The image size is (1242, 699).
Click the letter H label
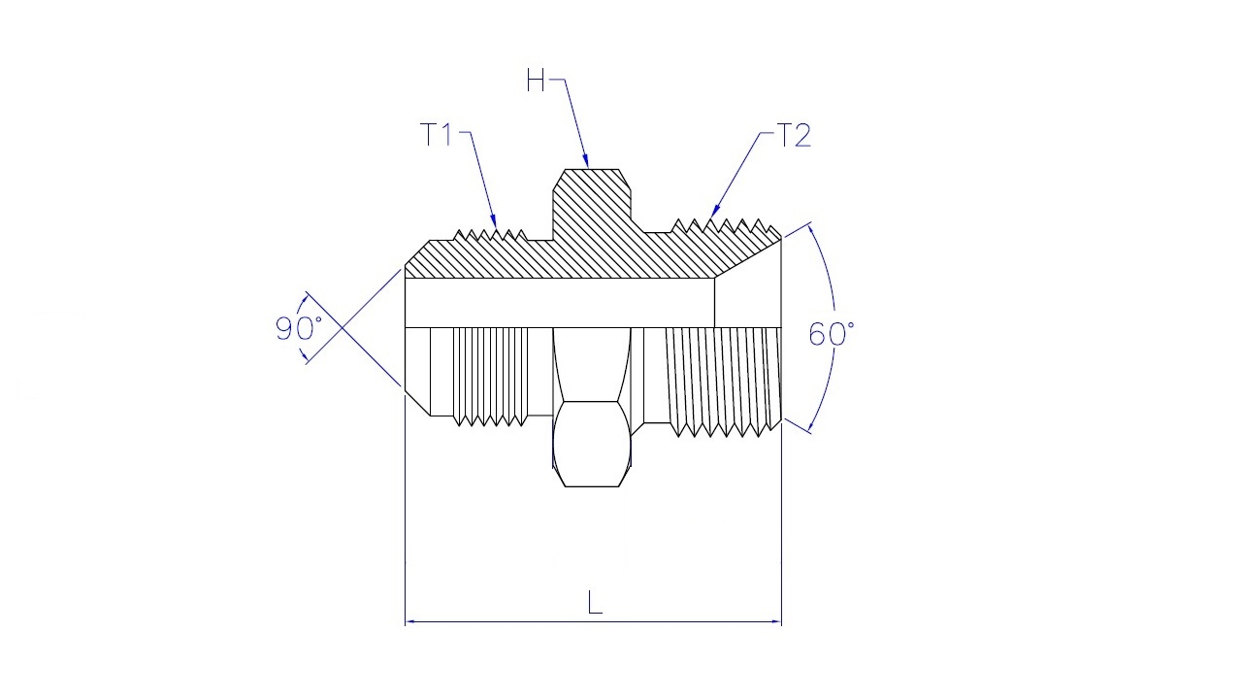point(536,81)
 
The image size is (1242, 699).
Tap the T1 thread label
point(437,134)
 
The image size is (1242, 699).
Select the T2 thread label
point(795,135)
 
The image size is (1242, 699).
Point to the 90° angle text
point(298,328)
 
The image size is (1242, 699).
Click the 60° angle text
point(832,334)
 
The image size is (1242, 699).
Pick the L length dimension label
point(595,603)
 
